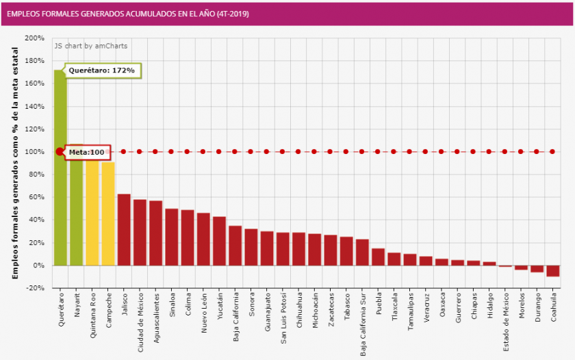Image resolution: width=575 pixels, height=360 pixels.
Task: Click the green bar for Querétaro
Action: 60,171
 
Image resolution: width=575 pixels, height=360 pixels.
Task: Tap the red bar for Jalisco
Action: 124,229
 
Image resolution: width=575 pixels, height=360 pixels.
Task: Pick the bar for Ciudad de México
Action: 140,232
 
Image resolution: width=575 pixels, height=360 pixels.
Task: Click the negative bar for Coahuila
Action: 552,271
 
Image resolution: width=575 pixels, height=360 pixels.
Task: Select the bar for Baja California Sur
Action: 362,252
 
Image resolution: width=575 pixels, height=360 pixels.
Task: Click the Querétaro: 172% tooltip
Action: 105,70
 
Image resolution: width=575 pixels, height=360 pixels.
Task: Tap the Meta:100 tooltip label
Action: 87,152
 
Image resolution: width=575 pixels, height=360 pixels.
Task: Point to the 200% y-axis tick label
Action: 35,38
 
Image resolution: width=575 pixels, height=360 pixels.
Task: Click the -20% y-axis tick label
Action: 35,288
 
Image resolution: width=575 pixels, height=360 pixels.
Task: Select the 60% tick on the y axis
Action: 37,197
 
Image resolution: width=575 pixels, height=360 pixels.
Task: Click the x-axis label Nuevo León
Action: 203,313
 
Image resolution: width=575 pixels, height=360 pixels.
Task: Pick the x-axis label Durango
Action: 537,309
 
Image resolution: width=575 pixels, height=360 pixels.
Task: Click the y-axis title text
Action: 15,163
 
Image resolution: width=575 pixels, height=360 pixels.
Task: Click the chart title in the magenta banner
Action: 128,14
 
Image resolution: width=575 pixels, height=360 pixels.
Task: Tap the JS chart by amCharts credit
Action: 92,46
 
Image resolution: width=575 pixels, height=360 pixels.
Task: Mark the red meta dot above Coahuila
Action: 552,152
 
